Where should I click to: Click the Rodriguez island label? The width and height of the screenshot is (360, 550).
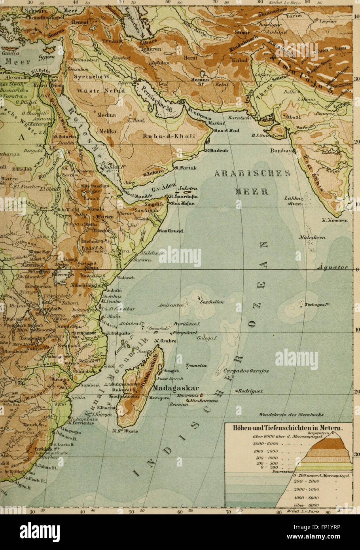click(x=250, y=391)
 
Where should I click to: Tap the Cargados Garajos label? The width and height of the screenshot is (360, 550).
click(x=246, y=371)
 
